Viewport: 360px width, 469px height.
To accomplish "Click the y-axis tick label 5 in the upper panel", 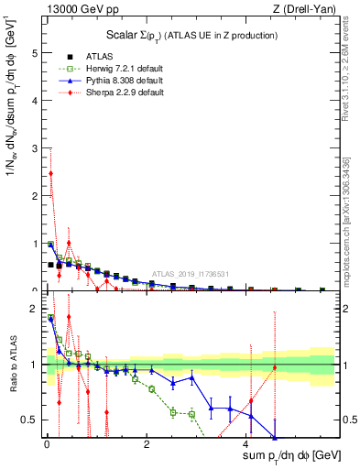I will coord(34,53).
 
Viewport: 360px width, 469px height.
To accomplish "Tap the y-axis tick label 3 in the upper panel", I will coord(34,148).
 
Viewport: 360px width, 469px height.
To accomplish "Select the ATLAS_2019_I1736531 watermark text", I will coord(191,274).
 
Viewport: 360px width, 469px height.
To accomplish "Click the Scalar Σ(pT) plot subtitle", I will coord(192,36).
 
